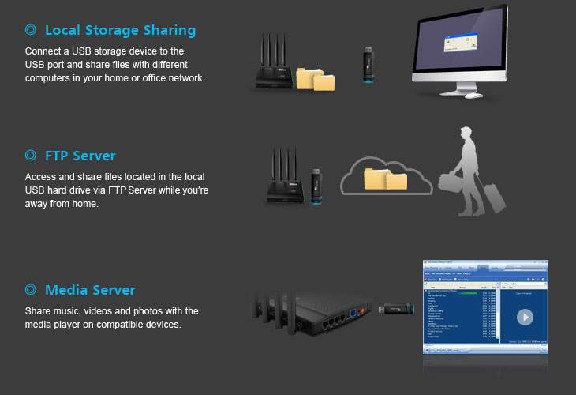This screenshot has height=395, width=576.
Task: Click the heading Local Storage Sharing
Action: [x=120, y=31]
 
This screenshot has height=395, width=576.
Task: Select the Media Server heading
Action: [x=90, y=290]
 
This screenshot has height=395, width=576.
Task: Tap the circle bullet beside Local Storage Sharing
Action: [x=30, y=31]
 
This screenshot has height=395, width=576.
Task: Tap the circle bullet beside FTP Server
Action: [x=30, y=156]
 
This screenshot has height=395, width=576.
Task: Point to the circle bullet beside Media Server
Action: [x=30, y=290]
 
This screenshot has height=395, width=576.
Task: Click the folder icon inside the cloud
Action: [x=385, y=178]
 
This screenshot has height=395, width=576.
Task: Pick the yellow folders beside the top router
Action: [x=316, y=78]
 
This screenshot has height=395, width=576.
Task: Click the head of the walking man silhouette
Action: [x=466, y=137]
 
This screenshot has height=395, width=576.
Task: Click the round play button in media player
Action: [x=524, y=317]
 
